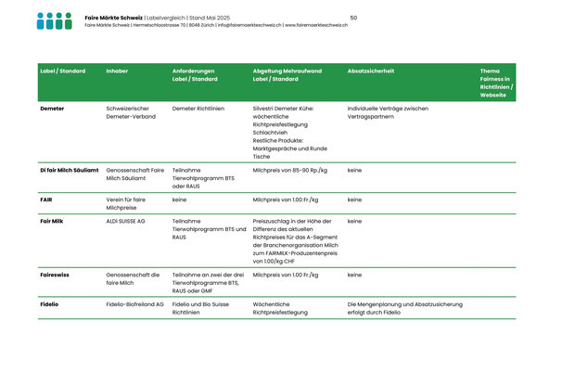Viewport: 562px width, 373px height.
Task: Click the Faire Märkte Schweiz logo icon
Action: pos(54,20)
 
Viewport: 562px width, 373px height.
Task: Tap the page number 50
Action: pos(353,18)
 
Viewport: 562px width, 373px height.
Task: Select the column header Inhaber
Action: pos(117,71)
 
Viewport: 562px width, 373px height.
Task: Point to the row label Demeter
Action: pos(52,109)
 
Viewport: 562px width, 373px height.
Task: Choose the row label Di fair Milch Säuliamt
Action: pos(70,171)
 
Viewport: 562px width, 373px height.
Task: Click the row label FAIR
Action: pos(46,199)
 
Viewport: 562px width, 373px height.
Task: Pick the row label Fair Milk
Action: pos(52,222)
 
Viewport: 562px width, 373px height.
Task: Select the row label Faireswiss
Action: pos(54,275)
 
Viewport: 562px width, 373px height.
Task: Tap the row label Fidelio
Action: pos(49,304)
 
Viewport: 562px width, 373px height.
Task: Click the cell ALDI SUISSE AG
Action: pos(126,222)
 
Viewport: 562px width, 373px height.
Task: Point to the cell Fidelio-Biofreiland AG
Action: pos(135,304)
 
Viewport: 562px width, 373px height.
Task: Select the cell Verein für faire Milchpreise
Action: pos(126,204)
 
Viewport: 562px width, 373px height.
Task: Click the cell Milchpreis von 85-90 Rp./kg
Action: pos(289,171)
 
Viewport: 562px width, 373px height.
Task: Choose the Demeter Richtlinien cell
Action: pos(198,109)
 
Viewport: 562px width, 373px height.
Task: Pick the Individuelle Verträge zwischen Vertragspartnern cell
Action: pos(388,113)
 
